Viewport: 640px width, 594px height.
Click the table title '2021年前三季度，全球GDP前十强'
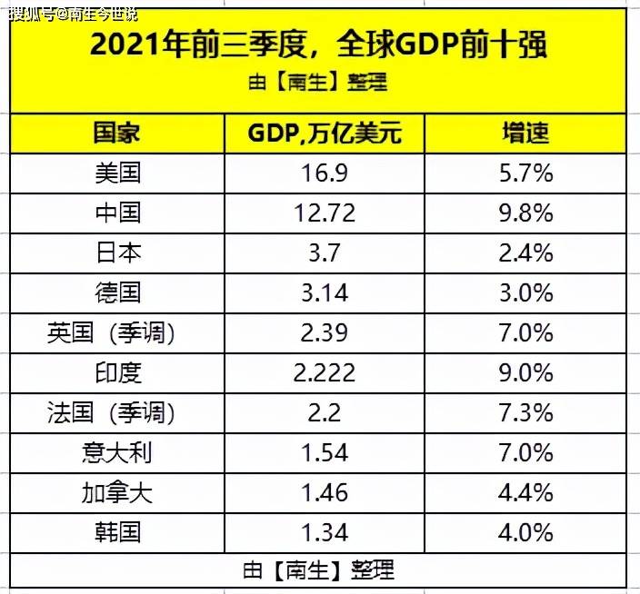318,44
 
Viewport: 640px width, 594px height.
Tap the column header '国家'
116,133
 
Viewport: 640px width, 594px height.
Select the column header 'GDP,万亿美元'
325,133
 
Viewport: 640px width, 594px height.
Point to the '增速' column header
525,133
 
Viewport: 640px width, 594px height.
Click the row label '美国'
117,173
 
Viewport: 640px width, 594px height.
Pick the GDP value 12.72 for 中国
325,213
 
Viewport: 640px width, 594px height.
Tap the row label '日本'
118,252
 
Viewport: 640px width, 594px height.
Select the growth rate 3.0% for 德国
526,293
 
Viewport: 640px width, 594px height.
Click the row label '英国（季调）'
111,333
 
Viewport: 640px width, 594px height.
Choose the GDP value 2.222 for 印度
325,373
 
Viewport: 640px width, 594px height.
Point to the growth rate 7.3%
526,413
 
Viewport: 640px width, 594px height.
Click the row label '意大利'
117,453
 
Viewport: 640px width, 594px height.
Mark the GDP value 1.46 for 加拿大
325,493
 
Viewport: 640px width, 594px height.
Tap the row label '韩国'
117,532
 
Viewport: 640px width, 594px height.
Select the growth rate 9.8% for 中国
526,213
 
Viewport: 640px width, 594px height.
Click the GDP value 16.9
325,173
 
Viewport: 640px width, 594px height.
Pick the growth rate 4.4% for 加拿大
526,493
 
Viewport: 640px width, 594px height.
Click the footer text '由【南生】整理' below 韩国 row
319,570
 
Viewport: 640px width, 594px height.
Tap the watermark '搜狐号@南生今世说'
73,15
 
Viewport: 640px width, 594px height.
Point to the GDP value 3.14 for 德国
325,293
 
